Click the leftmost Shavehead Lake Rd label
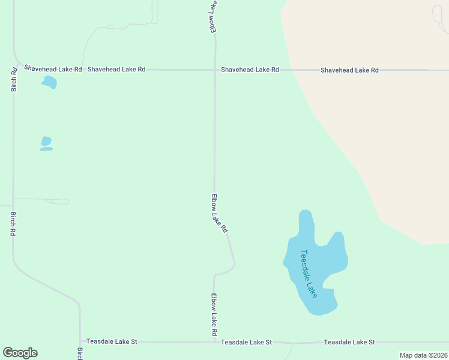(x=53, y=69)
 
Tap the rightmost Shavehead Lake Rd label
(x=349, y=70)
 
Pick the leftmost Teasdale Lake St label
(x=112, y=341)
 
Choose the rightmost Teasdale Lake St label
(x=349, y=342)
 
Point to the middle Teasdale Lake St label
(x=246, y=342)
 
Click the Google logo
(x=20, y=353)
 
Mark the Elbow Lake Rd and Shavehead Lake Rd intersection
(x=215, y=70)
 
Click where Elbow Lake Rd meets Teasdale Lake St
(x=214, y=342)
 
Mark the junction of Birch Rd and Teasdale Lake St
(x=80, y=341)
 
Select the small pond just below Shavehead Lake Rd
(x=49, y=82)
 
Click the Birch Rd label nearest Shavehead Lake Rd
(x=13, y=79)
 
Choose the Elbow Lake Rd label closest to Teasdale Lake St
(x=214, y=314)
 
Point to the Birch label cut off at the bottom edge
(x=80, y=353)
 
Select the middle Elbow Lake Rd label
(x=219, y=213)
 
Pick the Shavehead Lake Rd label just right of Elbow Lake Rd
(x=250, y=70)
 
